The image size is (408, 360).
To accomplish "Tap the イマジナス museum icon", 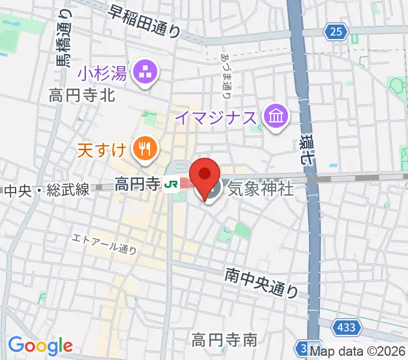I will click(x=277, y=115).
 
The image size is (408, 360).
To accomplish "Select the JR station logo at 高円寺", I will click(x=172, y=183).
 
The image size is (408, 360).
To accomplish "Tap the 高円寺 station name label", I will click(x=138, y=183).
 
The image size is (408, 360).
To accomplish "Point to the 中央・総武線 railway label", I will click(x=47, y=190).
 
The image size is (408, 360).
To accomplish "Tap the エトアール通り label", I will click(x=104, y=243).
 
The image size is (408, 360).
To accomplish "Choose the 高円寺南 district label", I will click(x=224, y=340).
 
